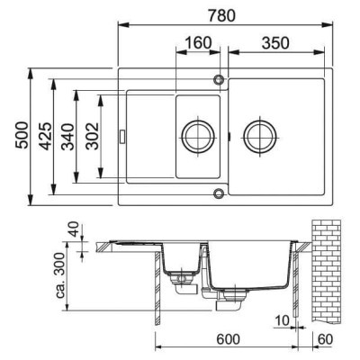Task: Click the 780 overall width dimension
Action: click(x=221, y=15)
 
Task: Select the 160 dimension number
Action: click(x=198, y=43)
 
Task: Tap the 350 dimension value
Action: click(x=275, y=43)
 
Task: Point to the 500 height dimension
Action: click(x=22, y=135)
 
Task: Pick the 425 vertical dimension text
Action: click(x=46, y=136)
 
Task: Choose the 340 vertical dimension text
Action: click(x=67, y=137)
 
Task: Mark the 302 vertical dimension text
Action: click(x=92, y=136)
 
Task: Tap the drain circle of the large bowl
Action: click(x=260, y=122)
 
